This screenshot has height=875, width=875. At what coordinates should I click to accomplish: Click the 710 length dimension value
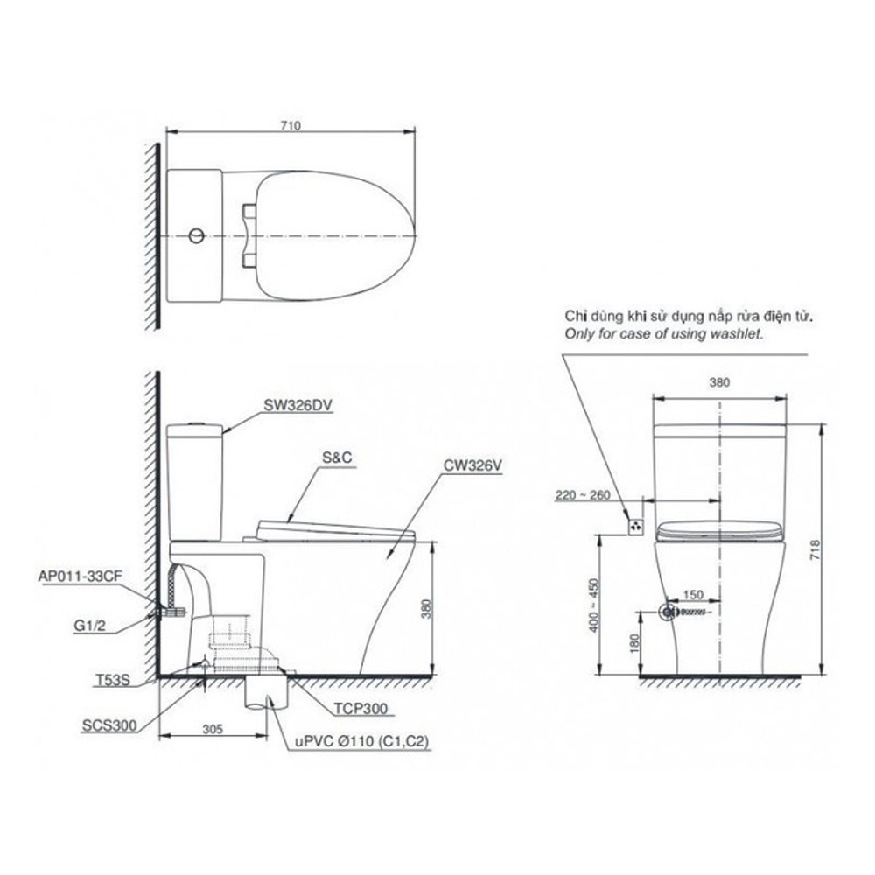click(291, 125)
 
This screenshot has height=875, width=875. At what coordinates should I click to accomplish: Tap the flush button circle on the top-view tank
click(196, 235)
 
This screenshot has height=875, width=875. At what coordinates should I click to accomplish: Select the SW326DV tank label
click(298, 406)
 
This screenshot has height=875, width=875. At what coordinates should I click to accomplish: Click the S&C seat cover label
click(337, 458)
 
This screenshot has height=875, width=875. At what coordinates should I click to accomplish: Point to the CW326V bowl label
click(472, 465)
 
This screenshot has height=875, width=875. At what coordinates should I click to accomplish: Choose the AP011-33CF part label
click(80, 577)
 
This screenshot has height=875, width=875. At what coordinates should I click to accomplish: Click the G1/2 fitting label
click(89, 626)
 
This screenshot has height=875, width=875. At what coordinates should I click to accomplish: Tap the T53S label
click(112, 680)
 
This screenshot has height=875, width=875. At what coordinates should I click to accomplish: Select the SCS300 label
click(108, 725)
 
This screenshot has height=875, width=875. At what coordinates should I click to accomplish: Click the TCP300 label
click(360, 709)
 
